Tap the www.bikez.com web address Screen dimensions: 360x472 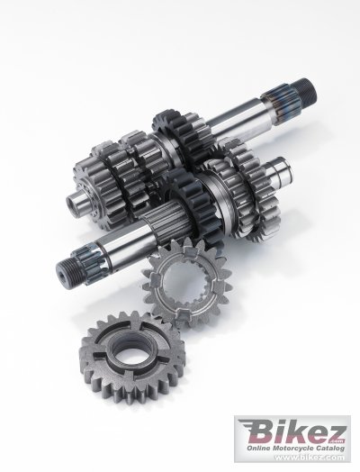(310, 458)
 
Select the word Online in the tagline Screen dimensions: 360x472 (258, 449)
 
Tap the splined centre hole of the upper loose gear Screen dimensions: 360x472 (184, 283)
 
